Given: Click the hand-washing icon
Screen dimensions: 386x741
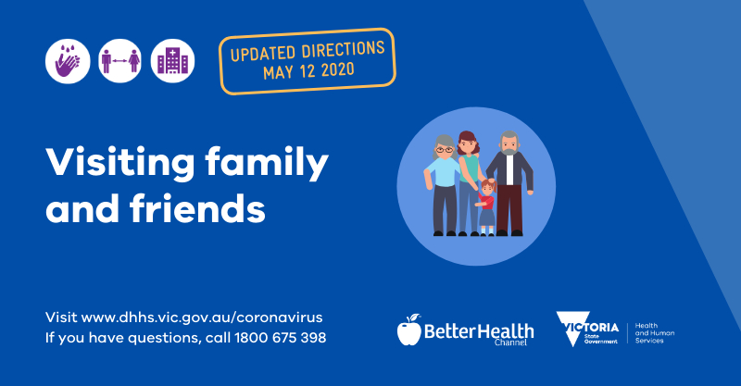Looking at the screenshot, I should point(68,61).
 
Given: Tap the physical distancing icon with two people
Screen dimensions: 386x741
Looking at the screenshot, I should point(119,61).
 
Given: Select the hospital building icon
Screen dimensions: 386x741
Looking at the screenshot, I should point(172,61).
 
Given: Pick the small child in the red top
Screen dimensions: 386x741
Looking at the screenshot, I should point(486,205).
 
